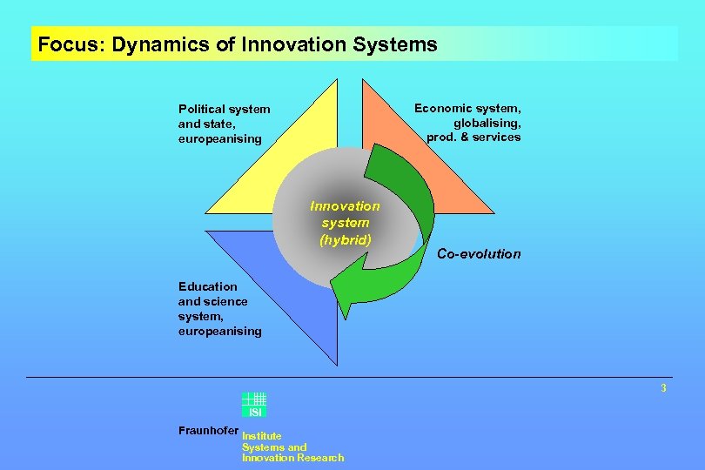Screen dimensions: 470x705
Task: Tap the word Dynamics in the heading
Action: click(170, 44)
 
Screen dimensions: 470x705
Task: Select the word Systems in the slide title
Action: click(395, 44)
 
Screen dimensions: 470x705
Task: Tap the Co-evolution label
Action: click(479, 254)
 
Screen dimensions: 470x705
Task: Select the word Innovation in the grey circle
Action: click(345, 206)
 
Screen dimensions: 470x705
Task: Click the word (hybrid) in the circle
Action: click(345, 239)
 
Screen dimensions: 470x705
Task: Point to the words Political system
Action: click(224, 109)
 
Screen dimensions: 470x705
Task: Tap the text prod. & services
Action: click(473, 137)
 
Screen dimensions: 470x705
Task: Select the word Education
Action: click(207, 286)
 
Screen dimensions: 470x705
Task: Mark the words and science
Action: click(212, 301)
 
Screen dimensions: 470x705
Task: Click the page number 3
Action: click(663, 388)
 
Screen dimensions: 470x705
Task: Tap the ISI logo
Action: click(254, 404)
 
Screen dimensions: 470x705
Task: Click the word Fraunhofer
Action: click(208, 430)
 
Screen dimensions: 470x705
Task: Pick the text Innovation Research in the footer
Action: click(292, 458)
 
